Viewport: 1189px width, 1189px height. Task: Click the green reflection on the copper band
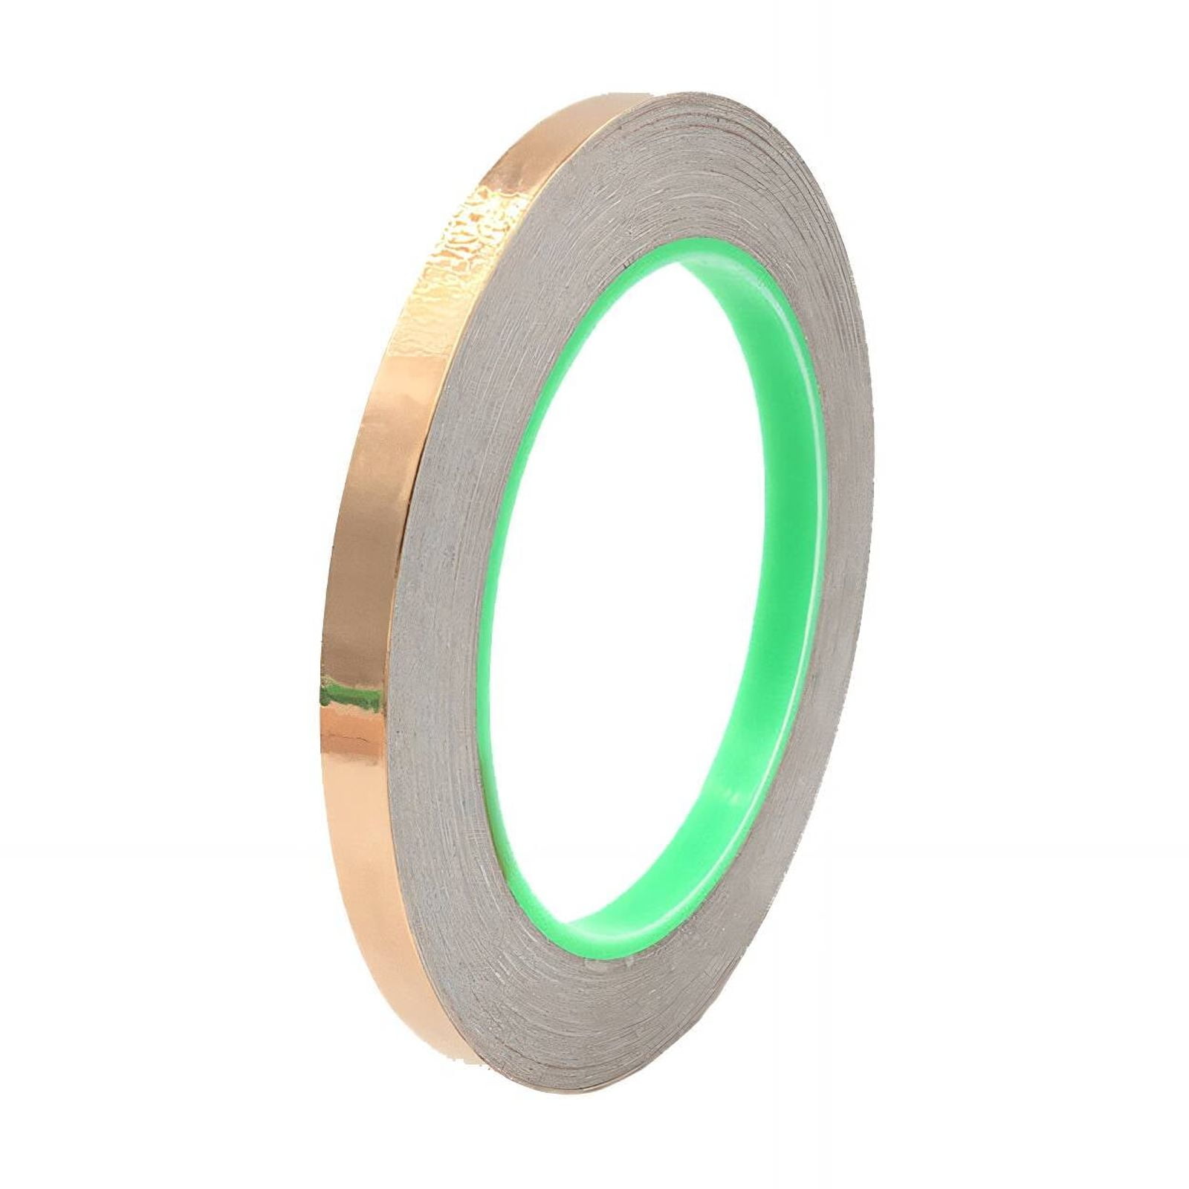348,696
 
